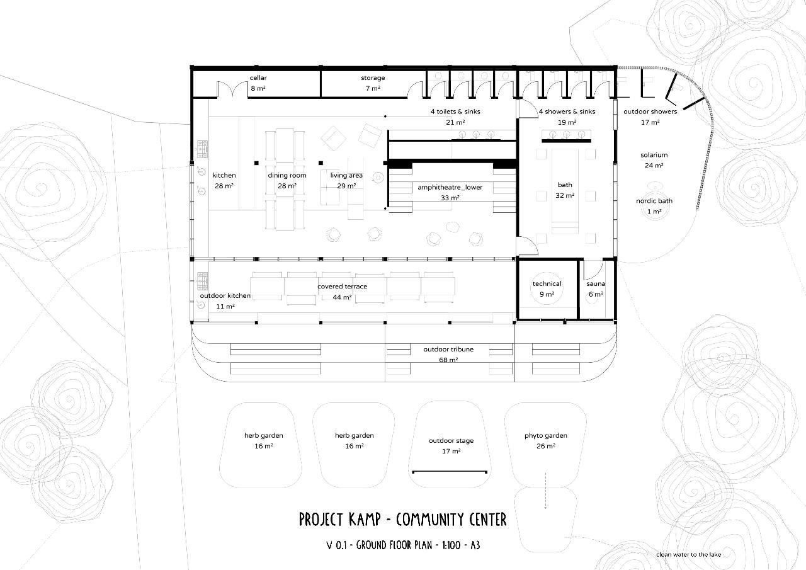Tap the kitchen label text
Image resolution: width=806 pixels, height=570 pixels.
[224, 175]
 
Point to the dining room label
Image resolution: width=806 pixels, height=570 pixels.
[287, 175]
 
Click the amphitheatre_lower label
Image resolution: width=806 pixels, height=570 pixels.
[450, 187]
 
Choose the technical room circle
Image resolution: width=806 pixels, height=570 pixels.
[547, 288]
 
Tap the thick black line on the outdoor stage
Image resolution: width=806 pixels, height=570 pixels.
[450, 472]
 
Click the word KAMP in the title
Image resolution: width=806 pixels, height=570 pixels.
[365, 519]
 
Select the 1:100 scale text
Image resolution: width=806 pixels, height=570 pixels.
[451, 545]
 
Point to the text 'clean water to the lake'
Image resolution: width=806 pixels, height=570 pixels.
[688, 554]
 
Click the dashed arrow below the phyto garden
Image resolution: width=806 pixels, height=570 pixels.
[545, 490]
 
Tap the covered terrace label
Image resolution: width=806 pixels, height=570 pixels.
[342, 287]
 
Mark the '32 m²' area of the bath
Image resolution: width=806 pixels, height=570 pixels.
[565, 195]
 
